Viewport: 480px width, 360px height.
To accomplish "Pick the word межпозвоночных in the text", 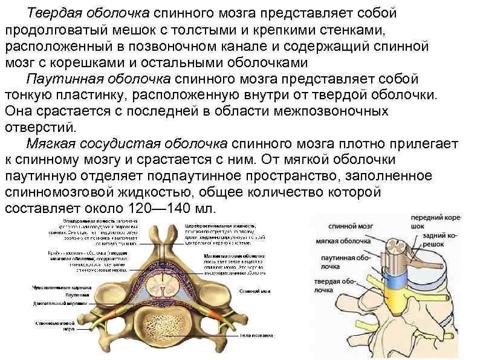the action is click(328, 111).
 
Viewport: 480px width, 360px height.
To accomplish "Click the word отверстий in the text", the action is click(39, 128).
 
